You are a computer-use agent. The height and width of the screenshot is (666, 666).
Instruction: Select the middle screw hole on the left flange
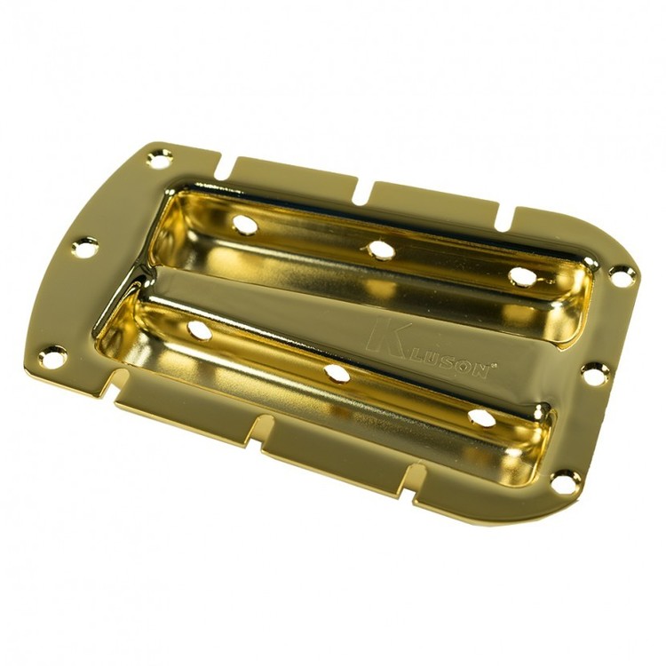(x=85, y=246)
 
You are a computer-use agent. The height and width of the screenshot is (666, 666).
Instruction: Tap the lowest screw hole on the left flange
(x=52, y=356)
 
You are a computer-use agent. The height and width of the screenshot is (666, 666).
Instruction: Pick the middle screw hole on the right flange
(x=596, y=373)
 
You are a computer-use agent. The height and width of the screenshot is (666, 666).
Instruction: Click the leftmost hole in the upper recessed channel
(x=245, y=224)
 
